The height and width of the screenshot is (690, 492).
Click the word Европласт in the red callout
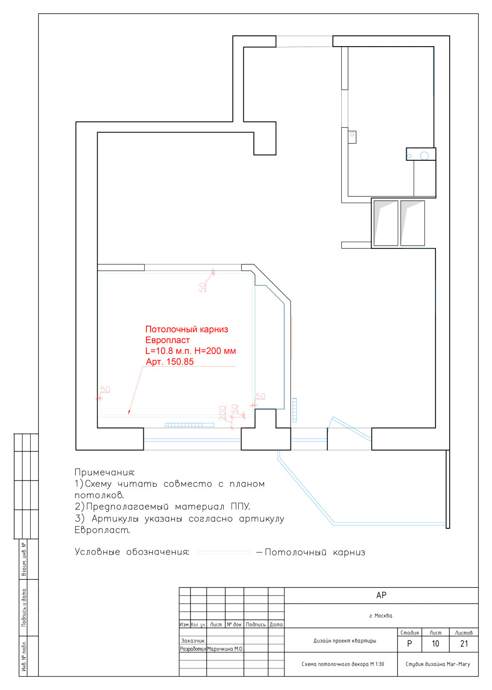[x=167, y=340]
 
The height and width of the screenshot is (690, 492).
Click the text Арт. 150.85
[x=170, y=362]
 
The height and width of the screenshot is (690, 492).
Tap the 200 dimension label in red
[x=223, y=413]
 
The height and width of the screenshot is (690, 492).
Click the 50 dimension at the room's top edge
[x=202, y=287]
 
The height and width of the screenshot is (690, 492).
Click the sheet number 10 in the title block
[x=435, y=644]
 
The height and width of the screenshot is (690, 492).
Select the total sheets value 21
[x=464, y=644]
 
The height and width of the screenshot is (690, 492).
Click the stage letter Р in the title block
[x=409, y=644]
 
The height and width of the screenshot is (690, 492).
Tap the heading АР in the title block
[x=381, y=596]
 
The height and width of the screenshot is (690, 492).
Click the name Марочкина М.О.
[x=225, y=649]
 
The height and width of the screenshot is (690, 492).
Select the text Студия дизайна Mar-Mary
[x=437, y=664]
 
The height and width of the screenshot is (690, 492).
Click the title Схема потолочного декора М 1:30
[x=342, y=664]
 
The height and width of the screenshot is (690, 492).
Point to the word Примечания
[x=104, y=473]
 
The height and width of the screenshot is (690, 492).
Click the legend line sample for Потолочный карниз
[x=224, y=552]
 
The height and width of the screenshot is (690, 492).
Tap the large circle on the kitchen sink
[x=424, y=156]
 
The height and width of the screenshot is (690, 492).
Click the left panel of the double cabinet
[x=385, y=223]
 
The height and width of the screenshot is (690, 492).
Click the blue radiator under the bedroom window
[x=189, y=425]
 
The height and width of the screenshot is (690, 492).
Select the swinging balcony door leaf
[x=350, y=428]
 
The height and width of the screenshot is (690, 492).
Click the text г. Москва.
[x=381, y=616]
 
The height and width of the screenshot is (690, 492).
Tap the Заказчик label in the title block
[x=192, y=641]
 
